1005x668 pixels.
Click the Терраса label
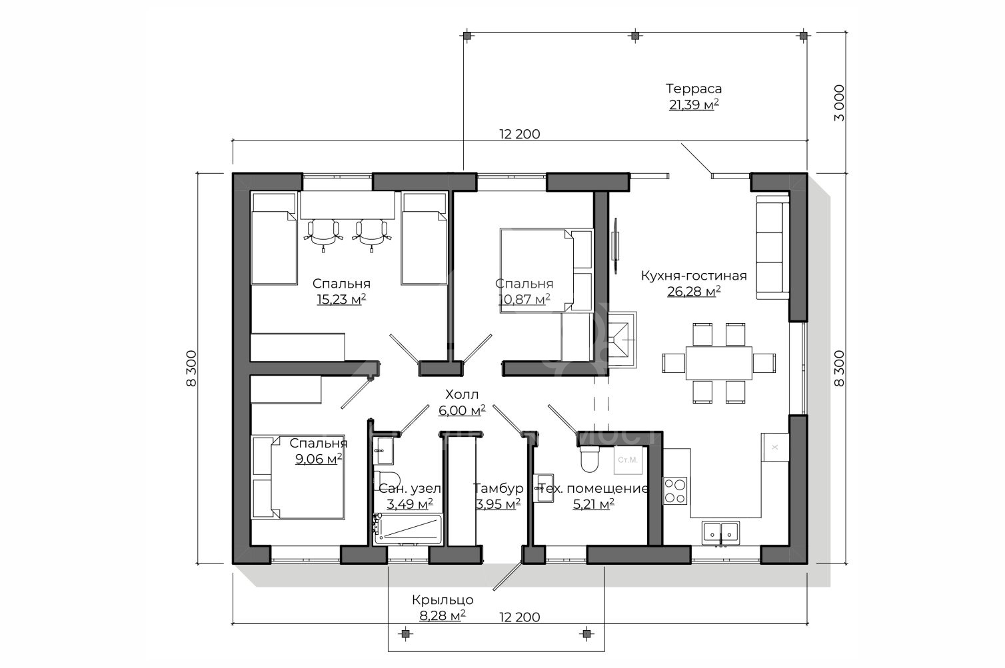tap(694, 89)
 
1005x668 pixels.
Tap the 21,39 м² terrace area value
tap(694, 105)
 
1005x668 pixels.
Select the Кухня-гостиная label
tap(694, 276)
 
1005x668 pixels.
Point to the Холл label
tap(462, 394)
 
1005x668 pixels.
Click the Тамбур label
tap(498, 488)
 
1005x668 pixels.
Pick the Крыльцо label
tap(443, 600)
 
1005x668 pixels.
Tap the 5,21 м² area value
tap(593, 504)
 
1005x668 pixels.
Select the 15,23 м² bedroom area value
tap(341, 299)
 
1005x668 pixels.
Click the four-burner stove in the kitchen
tap(675, 491)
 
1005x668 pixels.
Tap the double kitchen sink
tap(720, 533)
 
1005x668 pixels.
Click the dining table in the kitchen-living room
tap(718, 363)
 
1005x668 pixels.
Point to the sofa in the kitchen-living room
tap(772, 247)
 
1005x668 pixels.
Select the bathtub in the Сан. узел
tap(407, 529)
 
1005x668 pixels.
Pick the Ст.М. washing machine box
tap(628, 460)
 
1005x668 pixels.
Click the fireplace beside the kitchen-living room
tap(621, 340)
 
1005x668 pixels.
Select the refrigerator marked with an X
tap(775, 447)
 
